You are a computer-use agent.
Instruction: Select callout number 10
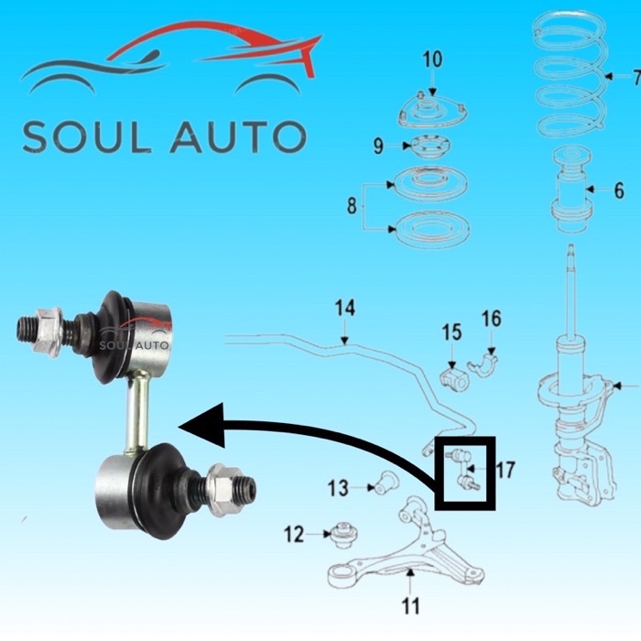432,60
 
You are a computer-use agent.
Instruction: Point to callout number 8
352,207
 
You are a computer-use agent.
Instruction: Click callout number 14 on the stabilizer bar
344,309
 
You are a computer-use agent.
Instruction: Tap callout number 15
451,330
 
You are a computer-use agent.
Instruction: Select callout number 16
492,319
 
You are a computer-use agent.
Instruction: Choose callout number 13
338,487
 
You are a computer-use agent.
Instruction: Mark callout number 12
293,534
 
